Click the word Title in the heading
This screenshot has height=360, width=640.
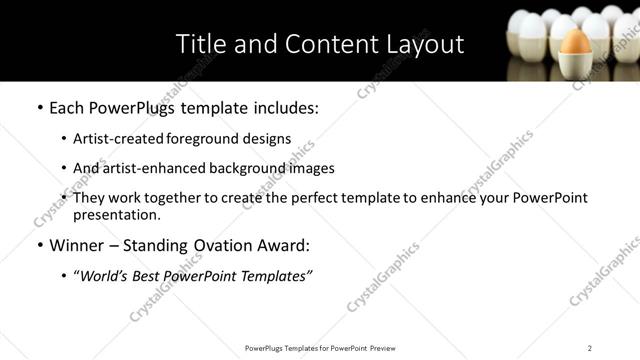[199, 44]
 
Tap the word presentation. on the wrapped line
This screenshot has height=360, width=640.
[116, 214]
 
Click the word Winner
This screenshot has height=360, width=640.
[78, 245]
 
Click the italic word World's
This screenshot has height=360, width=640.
[106, 275]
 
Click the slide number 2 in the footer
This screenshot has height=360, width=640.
[590, 348]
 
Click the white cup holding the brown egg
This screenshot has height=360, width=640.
[575, 64]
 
